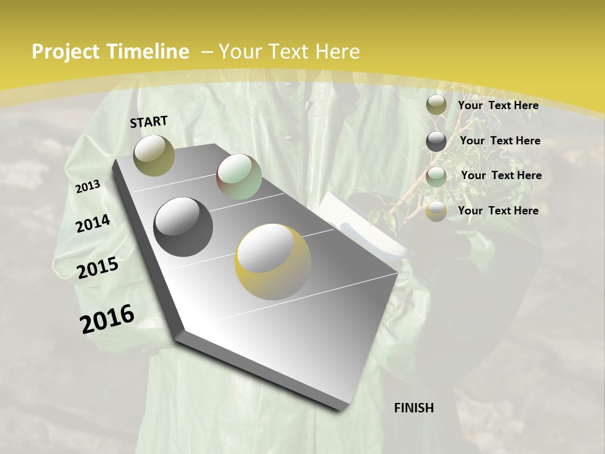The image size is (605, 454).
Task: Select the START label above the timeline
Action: tap(149, 122)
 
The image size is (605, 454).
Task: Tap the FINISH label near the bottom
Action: tap(414, 408)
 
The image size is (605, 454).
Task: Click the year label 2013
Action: tap(88, 187)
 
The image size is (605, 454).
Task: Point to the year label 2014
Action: tap(93, 223)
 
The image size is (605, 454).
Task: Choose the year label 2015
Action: tap(98, 268)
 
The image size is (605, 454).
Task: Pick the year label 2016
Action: tap(107, 318)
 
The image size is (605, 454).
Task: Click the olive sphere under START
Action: tap(154, 155)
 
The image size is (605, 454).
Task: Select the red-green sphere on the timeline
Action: tap(239, 177)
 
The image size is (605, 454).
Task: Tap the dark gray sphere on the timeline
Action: tap(183, 227)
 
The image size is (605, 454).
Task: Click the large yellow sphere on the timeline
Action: tap(273, 262)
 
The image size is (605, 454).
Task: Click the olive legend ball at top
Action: tap(436, 105)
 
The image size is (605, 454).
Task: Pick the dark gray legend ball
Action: tap(436, 141)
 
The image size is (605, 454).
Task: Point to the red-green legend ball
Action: tap(436, 176)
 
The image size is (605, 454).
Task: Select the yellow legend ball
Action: tap(436, 211)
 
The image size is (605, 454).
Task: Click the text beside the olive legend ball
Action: tap(498, 105)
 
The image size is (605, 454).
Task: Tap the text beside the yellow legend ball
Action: tap(498, 211)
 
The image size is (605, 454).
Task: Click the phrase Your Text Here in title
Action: tap(289, 52)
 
